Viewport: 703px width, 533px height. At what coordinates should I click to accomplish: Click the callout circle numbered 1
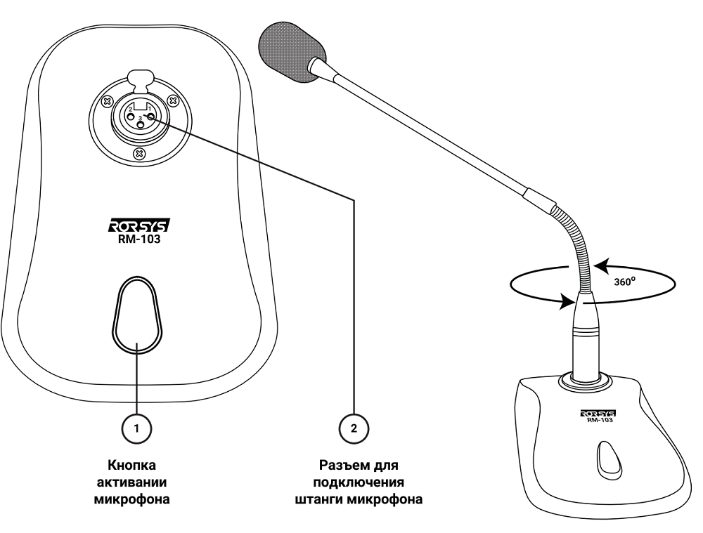(138, 426)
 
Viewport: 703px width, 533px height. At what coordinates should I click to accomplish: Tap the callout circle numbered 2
(354, 426)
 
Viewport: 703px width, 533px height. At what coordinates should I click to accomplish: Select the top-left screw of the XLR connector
(108, 100)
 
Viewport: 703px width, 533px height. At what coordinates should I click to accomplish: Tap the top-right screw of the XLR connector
(172, 100)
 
